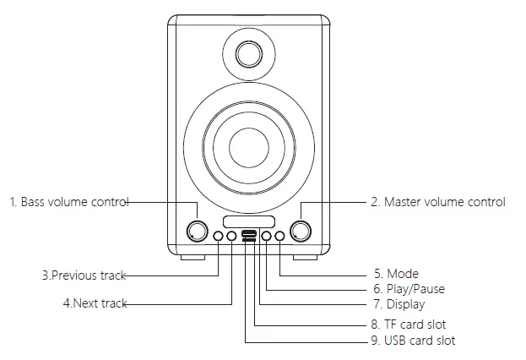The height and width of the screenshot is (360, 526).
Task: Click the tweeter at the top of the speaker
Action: (248, 53)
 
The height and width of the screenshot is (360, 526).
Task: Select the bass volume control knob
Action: (198, 231)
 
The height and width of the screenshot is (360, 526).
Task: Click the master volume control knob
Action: (300, 231)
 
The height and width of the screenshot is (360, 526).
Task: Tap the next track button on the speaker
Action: (231, 237)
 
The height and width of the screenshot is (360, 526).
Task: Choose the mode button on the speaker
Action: (279, 237)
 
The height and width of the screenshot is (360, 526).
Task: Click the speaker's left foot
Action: (192, 254)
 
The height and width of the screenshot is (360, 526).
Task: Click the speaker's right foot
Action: (305, 254)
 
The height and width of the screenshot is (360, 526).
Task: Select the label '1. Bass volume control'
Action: (68, 202)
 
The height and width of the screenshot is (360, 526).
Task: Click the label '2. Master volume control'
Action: (438, 202)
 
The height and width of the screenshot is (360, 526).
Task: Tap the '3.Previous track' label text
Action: (83, 275)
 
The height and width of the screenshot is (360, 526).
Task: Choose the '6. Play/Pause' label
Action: (409, 289)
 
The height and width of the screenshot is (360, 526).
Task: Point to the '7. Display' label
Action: (399, 304)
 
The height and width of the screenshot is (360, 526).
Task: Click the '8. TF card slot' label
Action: (409, 325)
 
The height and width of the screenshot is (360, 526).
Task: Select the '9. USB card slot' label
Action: (413, 341)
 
